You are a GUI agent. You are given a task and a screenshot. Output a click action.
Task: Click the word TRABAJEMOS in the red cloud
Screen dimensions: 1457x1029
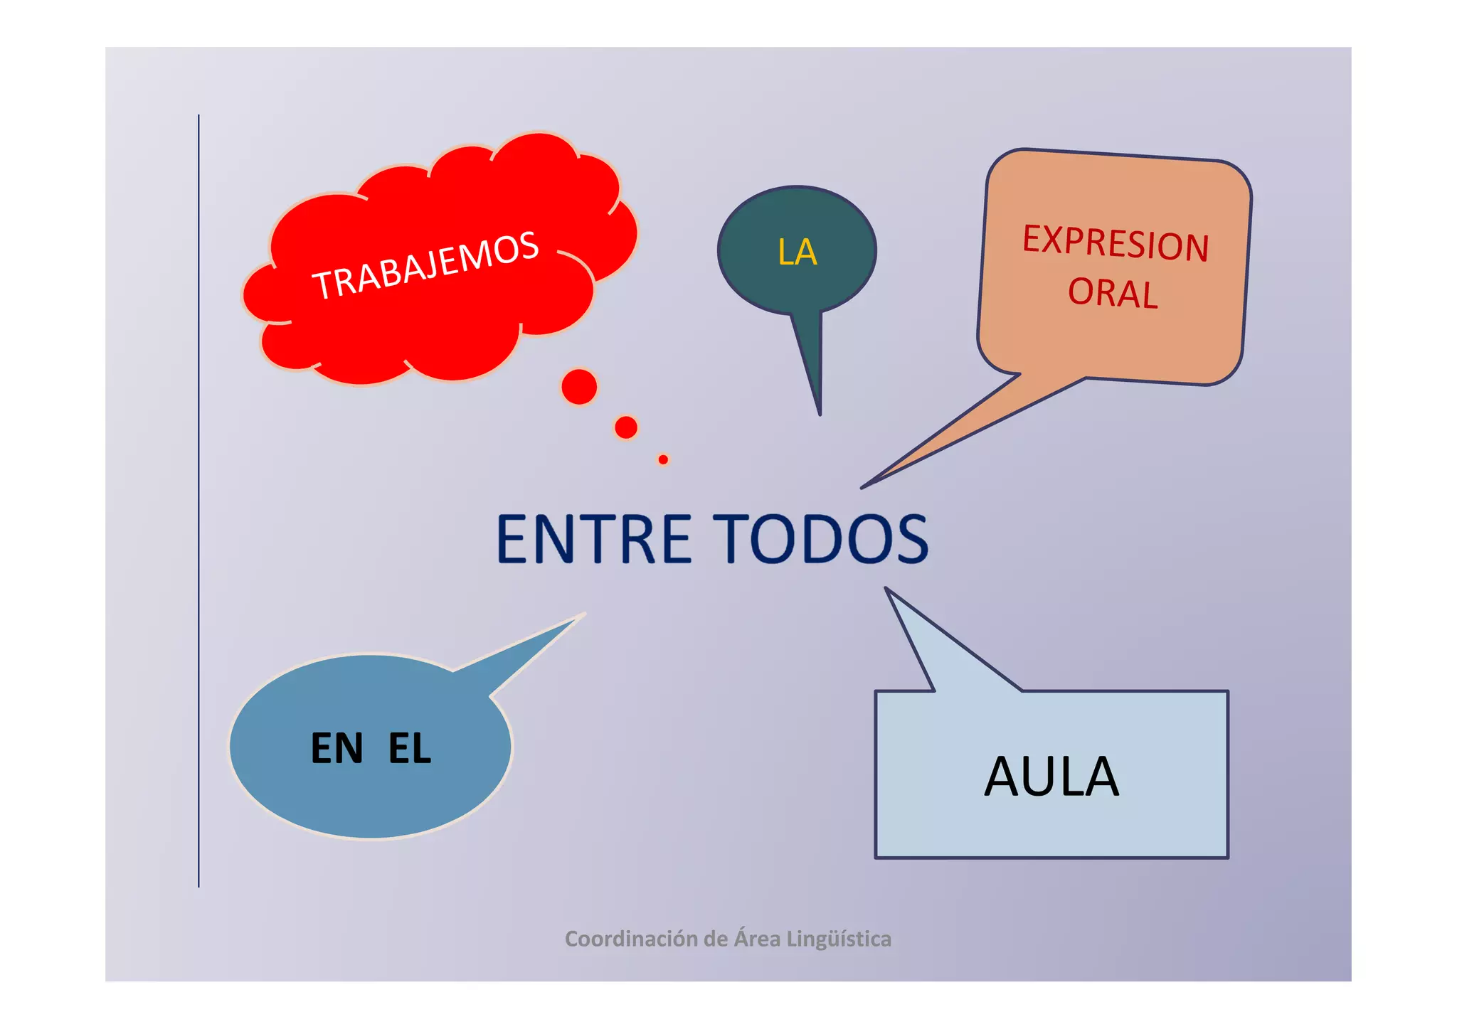[425, 265]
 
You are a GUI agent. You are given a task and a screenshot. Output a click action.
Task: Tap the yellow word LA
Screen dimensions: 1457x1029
[798, 252]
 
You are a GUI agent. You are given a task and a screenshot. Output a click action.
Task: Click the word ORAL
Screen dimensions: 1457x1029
[1113, 293]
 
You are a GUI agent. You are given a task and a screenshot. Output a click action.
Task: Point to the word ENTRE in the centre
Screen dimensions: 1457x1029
[593, 539]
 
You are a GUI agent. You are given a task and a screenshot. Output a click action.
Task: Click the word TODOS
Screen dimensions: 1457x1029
[821, 539]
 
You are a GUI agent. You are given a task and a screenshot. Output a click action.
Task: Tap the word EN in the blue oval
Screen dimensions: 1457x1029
[337, 748]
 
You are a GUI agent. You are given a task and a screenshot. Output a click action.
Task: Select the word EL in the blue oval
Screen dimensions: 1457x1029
[410, 748]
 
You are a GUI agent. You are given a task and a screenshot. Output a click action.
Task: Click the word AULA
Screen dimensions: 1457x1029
[1051, 777]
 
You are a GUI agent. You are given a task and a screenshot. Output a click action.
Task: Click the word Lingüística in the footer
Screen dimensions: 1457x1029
[839, 939]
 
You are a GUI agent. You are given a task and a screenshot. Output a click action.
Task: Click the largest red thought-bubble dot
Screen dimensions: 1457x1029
[579, 387]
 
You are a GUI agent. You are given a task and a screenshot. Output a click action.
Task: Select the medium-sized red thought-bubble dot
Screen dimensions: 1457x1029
[626, 427]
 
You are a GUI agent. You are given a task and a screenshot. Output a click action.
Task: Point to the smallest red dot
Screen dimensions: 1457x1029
[663, 459]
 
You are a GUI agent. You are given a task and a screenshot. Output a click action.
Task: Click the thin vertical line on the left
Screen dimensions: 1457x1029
[198, 498]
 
